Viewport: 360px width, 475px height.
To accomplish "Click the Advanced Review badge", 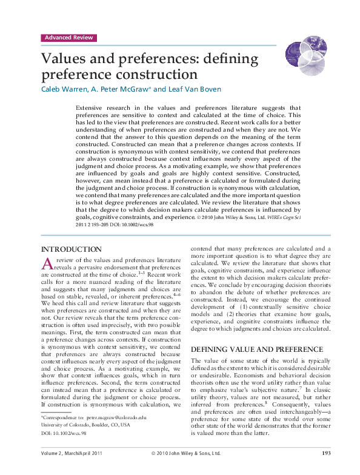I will click(x=68, y=38).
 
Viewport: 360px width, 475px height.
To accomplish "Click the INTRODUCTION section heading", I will click(x=71, y=249).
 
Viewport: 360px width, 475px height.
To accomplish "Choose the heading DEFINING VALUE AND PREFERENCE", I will click(x=257, y=349).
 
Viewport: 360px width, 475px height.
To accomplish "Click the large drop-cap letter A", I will click(x=47, y=263).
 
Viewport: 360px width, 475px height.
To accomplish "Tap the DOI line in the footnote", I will click(x=63, y=434).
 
